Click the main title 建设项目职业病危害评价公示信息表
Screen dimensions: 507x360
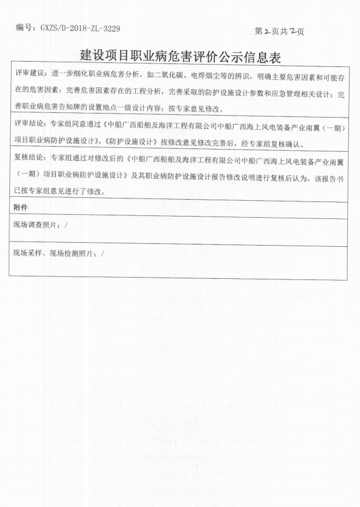tap(179, 56)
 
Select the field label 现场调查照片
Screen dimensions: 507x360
tap(38, 224)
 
